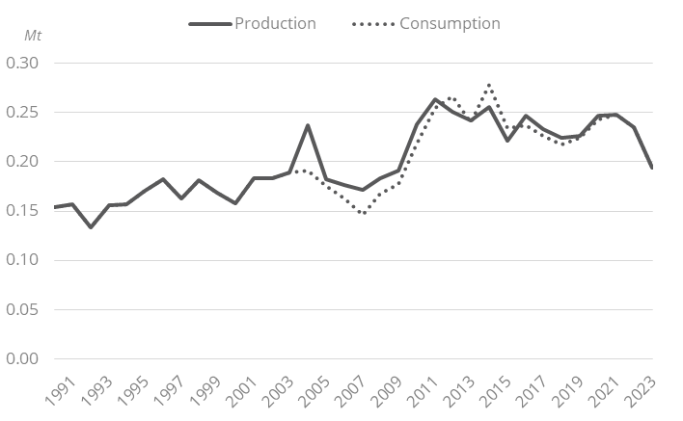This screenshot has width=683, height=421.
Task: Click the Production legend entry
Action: click(275, 23)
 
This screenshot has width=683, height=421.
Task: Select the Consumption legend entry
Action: click(450, 23)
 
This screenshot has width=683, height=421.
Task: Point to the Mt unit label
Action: click(33, 36)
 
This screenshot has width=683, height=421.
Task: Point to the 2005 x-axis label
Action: click(306, 395)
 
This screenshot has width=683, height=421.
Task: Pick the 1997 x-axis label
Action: click(156, 395)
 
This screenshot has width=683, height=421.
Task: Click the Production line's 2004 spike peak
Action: click(308, 125)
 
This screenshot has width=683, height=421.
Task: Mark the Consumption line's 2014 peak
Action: click(489, 85)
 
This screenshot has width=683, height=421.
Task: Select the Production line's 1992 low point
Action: click(91, 227)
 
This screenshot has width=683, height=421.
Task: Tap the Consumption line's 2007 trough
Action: click(363, 213)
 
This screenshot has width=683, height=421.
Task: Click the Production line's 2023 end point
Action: click(653, 168)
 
